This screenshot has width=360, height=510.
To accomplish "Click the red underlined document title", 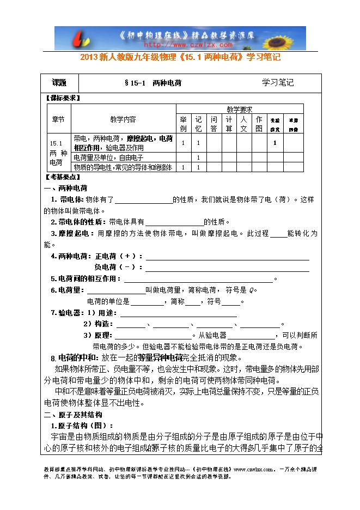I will click(180, 57).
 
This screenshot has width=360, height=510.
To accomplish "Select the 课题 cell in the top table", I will click(59, 83).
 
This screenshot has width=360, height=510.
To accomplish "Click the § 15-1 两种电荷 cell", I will click(153, 83).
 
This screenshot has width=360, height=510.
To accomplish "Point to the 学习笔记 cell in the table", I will click(278, 83).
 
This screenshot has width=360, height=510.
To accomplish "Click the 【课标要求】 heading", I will click(62, 98).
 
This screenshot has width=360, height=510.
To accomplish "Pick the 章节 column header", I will click(59, 119).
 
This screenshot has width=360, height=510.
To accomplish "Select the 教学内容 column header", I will click(123, 119).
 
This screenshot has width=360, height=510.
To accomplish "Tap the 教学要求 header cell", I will click(239, 110).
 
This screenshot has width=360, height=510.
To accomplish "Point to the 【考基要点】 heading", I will click(62, 177).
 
